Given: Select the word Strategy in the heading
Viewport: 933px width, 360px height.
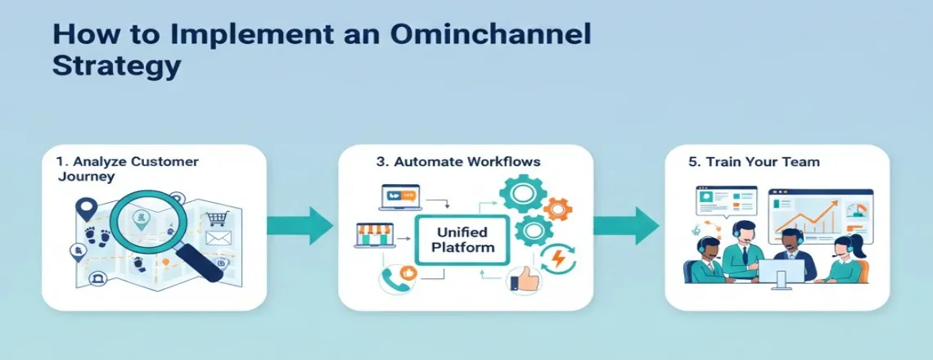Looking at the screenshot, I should (x=116, y=66).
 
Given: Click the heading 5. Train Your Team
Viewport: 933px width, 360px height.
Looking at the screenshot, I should (x=754, y=162).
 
